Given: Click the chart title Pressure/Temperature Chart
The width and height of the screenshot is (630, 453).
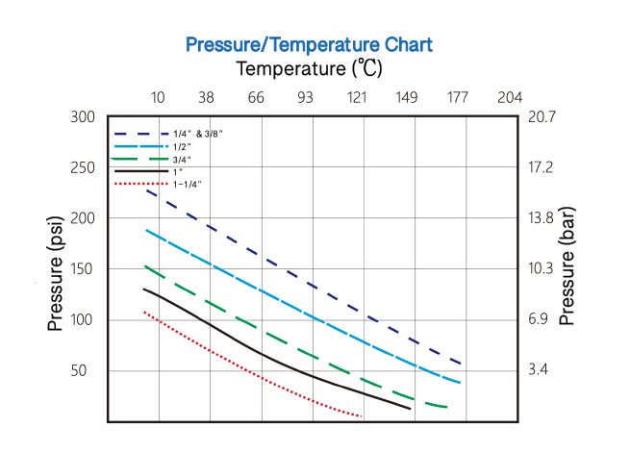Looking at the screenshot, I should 309,44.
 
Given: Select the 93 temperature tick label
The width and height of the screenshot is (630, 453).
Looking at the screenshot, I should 307,98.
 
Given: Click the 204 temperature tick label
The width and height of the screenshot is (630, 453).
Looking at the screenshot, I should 509,98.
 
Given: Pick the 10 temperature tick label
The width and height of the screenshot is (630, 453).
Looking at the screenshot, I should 158,98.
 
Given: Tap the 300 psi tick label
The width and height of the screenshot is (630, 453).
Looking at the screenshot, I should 83,117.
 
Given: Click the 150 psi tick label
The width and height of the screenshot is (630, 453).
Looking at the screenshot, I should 83,268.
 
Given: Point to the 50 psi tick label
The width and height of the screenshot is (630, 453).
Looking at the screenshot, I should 87,370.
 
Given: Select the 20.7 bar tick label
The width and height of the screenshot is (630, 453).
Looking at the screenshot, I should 542,117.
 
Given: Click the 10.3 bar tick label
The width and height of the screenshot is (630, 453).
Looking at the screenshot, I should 542,268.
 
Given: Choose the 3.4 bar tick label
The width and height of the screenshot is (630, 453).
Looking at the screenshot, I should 539,370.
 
